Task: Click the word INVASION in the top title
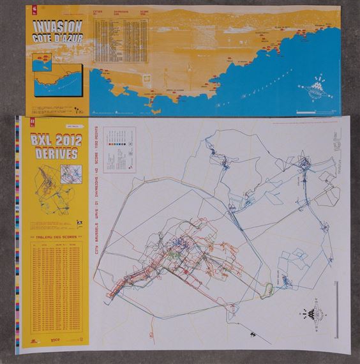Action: [57, 27]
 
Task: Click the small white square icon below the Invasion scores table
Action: [147, 77]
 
